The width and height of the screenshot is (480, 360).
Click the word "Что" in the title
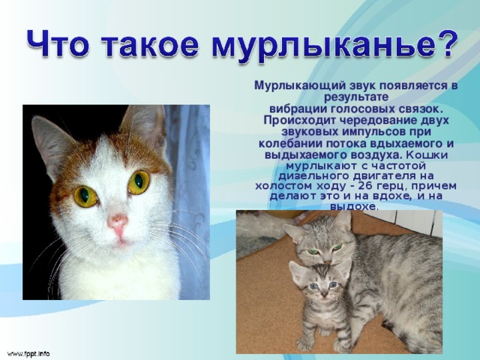coord(58,43)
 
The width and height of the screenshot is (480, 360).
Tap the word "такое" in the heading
coord(150,45)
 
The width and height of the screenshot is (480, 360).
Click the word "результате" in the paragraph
coord(356,97)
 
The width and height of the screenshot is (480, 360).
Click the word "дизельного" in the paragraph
coord(313,177)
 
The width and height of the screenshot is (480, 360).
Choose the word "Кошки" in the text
coord(427,155)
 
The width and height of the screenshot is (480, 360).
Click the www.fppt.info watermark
coord(28,353)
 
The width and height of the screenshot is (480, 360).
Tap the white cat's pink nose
coord(118,222)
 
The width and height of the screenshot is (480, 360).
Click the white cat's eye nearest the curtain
coord(139,181)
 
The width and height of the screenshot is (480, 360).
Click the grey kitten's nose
coord(325,295)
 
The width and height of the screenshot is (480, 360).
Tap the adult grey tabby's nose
coord(328,262)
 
